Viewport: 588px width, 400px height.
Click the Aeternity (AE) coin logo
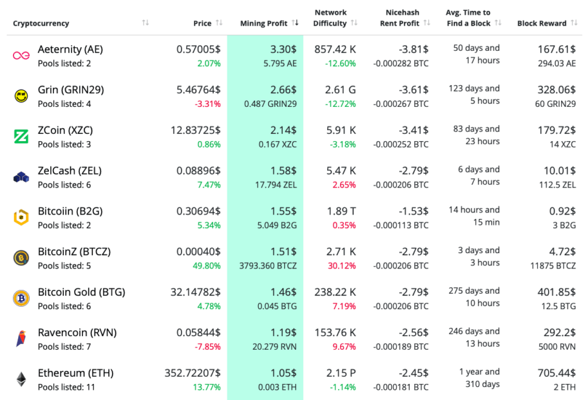[x=21, y=55]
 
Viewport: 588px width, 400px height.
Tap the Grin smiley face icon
[x=21, y=96]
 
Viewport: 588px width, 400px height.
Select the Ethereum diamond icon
[x=21, y=379]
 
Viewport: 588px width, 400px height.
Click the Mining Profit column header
[x=263, y=23]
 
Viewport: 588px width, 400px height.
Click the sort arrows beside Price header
[x=219, y=23]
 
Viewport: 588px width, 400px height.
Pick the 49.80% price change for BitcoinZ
[x=206, y=266]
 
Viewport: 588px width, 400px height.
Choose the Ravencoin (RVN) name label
[x=77, y=332]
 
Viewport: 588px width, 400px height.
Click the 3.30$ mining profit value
[x=283, y=49]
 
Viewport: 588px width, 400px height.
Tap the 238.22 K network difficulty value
[x=335, y=292]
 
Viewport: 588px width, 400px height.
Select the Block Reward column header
[x=542, y=23]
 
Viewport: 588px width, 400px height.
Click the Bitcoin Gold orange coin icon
[x=21, y=298]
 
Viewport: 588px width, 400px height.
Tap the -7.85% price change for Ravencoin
[x=207, y=347]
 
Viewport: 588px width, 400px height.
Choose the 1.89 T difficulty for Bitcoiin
[x=341, y=211]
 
